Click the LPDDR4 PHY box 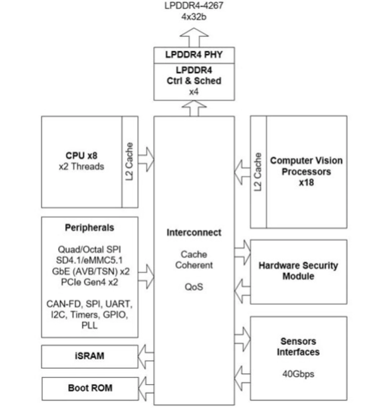(194, 55)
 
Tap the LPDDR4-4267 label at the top (194, 6)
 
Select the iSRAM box (90, 356)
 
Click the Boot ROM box (90, 389)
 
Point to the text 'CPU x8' (82, 156)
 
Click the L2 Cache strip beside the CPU (130, 162)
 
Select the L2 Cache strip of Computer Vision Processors (258, 172)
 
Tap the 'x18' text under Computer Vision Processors (306, 183)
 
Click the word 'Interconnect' (194, 233)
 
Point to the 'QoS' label (194, 287)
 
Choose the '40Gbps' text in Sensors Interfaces (298, 374)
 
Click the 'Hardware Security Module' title (298, 271)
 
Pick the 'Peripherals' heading (90, 228)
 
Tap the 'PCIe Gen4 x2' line (90, 282)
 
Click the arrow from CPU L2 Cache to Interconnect (146, 159)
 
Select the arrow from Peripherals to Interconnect (146, 276)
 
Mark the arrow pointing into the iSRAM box (146, 356)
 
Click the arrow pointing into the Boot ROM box (146, 389)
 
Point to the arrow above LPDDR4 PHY (194, 37)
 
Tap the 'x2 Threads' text (82, 167)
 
